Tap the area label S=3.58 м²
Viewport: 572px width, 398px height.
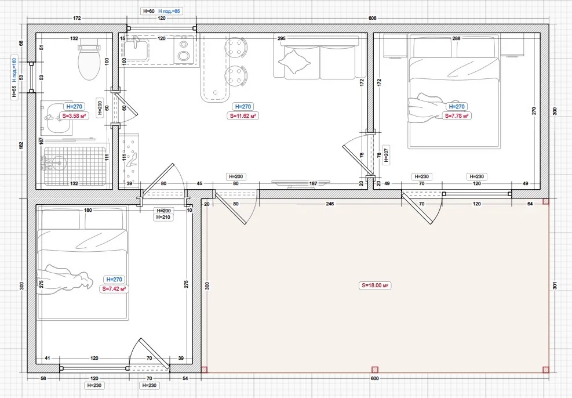[x=74, y=116]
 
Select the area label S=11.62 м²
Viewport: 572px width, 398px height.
[x=243, y=116]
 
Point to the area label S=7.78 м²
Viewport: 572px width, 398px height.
[x=457, y=116]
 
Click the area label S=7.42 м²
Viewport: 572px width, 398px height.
[x=114, y=289]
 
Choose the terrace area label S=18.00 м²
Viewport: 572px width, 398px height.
[x=374, y=285]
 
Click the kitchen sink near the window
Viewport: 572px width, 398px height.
[x=136, y=50]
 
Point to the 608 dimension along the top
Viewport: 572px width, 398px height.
[x=372, y=18]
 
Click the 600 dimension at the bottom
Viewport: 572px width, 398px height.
[x=374, y=378]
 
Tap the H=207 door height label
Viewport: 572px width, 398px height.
[x=387, y=155]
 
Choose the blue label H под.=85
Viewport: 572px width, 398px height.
[x=169, y=12]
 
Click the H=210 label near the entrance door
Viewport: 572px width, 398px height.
[x=163, y=217]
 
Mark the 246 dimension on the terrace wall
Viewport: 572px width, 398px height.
[x=330, y=204]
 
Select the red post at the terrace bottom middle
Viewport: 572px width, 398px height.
[x=374, y=370]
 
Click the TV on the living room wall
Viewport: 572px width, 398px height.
[x=301, y=183]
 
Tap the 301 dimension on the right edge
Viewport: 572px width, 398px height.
[x=555, y=285]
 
